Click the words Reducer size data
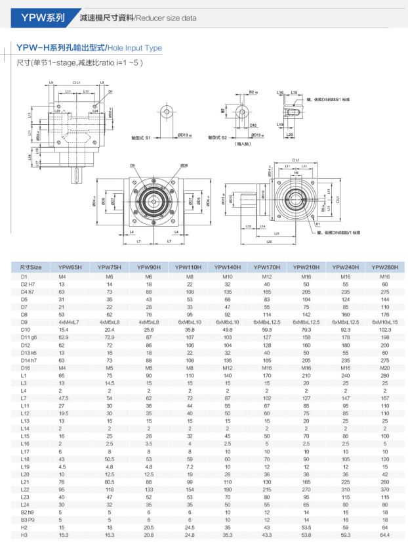tap(167, 18)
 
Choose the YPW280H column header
tap(384, 267)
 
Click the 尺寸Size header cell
tap(31, 267)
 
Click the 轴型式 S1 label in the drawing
tap(141, 137)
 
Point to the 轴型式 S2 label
tap(216, 137)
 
